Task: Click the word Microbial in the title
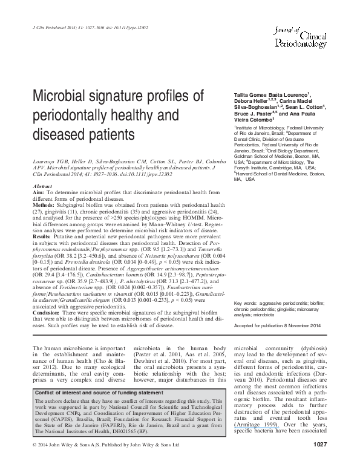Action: [x=60, y=97]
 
